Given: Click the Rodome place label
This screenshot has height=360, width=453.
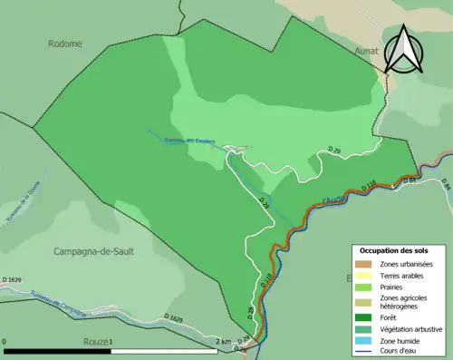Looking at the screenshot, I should [x=66, y=44].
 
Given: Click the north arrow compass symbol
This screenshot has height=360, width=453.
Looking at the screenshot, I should [x=405, y=49].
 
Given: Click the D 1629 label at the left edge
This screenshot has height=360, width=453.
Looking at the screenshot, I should [x=12, y=279].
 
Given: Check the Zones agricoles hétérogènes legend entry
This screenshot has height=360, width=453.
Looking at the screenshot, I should [x=404, y=302].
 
